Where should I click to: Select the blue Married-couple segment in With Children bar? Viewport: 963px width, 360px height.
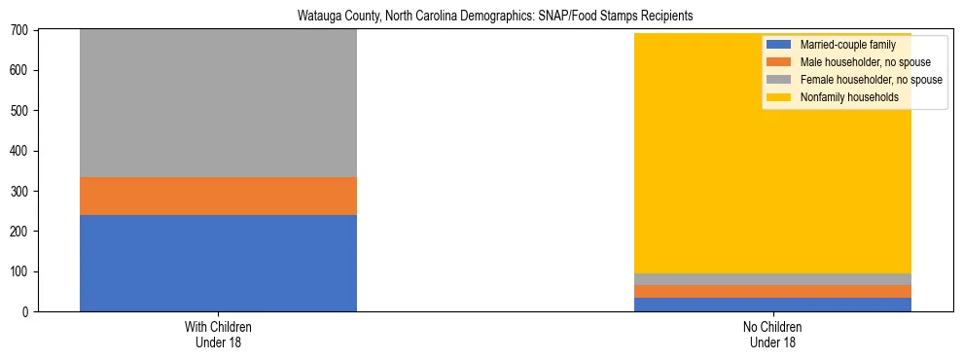point(218,263)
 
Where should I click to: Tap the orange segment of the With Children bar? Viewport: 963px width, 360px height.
point(218,196)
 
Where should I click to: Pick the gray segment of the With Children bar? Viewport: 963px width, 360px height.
point(218,103)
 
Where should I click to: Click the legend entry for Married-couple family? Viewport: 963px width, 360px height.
point(842,45)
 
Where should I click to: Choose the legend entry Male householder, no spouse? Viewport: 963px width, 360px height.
point(856,62)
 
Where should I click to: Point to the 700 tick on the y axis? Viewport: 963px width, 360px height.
point(21,30)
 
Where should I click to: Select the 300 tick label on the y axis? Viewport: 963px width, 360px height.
point(21,192)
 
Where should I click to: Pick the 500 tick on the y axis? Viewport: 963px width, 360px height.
point(21,111)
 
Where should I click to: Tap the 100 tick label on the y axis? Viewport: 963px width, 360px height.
point(21,272)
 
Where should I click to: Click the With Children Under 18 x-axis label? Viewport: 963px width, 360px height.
point(218,335)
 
